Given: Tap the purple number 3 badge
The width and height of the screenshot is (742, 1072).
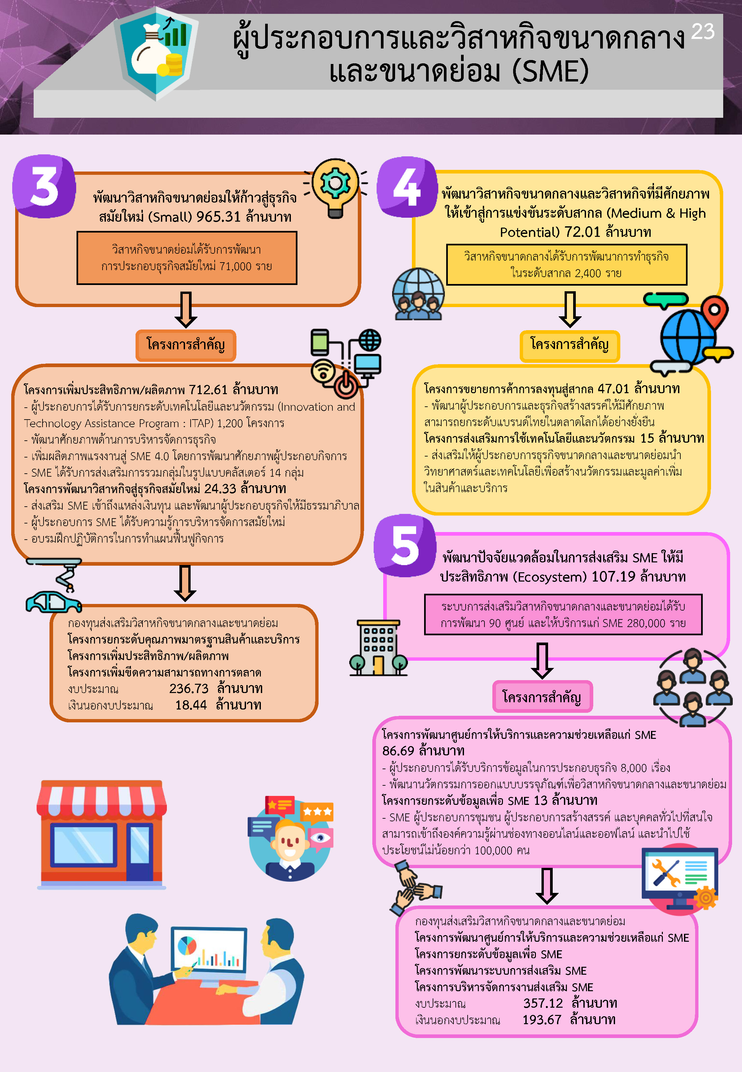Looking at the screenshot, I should tap(44, 186).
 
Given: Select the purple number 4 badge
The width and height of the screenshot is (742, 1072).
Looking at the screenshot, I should tap(407, 187).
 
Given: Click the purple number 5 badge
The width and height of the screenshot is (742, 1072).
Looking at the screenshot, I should tap(405, 546).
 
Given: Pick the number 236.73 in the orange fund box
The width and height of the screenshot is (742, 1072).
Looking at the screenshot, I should tap(189, 688).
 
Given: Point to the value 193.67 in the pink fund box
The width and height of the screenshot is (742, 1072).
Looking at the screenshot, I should tap(541, 1020).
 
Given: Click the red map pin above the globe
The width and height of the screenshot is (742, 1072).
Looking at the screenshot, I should tap(714, 310).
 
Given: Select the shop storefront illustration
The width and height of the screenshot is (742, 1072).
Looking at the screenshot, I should tap(101, 835).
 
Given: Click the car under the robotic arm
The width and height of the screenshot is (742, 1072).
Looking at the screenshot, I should tap(53, 602).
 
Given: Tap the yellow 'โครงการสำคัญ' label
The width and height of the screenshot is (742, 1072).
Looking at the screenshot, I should tap(570, 345).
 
